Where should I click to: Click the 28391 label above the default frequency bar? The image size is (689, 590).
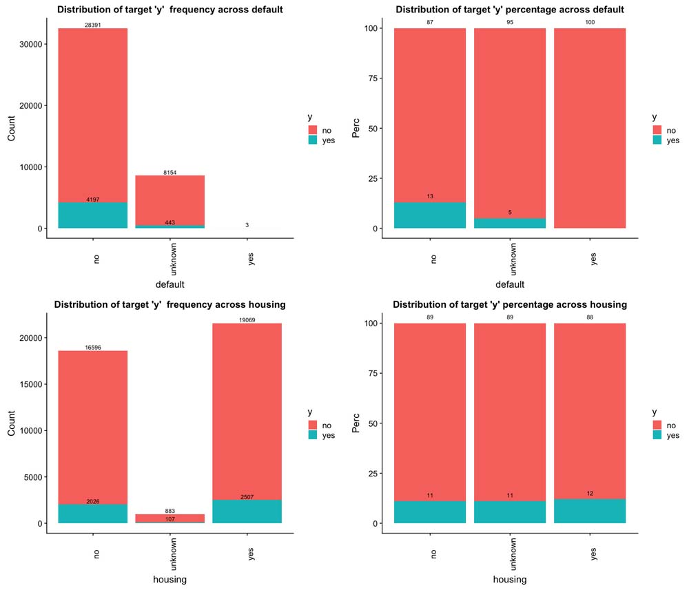click(93, 25)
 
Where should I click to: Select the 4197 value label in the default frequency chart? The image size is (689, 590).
click(93, 200)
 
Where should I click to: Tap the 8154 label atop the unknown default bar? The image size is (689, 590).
click(170, 172)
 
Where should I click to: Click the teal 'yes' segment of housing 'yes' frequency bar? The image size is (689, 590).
click(247, 511)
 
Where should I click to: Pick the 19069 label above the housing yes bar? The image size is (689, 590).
click(247, 320)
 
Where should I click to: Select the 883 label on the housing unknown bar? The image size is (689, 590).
click(170, 511)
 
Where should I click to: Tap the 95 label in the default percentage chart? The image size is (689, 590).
click(510, 23)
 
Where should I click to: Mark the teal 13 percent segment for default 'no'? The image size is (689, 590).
click(430, 215)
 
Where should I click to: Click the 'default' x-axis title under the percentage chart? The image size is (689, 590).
click(509, 284)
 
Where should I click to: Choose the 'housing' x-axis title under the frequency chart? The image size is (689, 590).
click(170, 580)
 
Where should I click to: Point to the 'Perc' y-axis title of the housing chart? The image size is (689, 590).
click(356, 423)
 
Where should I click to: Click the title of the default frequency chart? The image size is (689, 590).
click(169, 10)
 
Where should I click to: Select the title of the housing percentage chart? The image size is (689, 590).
click(510, 304)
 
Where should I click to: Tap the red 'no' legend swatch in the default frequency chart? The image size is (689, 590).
click(312, 129)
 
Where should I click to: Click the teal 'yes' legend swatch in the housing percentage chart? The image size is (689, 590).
click(657, 436)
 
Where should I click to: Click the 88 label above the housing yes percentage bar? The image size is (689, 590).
click(590, 318)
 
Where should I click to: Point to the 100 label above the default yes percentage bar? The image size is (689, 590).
click(590, 23)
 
